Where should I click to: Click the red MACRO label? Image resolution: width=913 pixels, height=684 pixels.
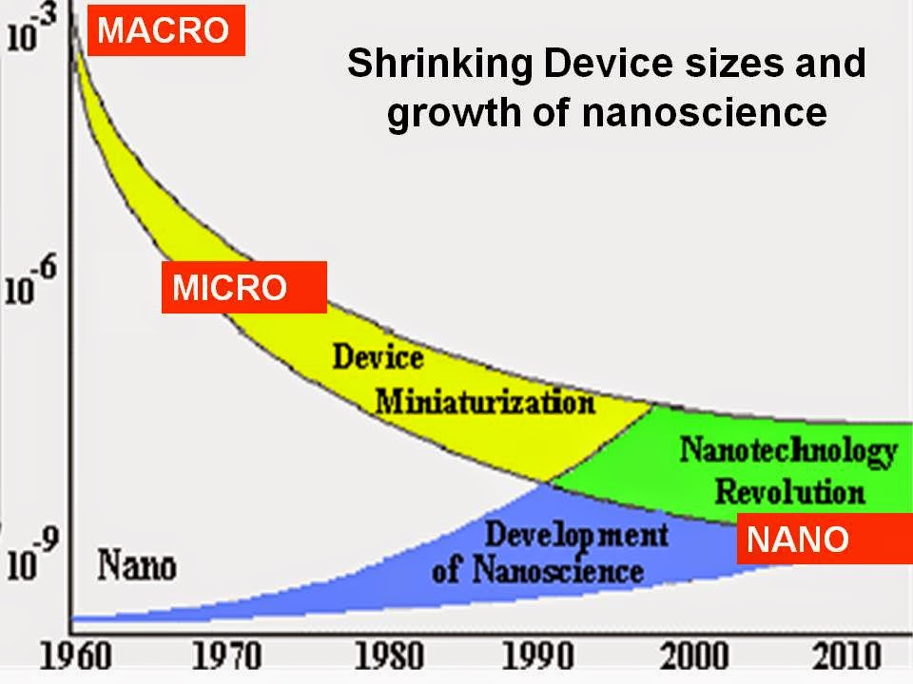(x=165, y=30)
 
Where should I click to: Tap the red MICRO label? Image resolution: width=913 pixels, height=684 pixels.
(x=229, y=287)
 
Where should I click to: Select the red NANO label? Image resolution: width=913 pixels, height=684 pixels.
(x=797, y=540)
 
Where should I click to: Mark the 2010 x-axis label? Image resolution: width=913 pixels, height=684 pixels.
(x=849, y=656)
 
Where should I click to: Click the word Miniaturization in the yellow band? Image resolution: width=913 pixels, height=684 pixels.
(x=484, y=402)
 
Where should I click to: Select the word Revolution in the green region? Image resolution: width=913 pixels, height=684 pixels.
(x=789, y=491)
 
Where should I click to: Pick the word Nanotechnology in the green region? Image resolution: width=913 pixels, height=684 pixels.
(x=787, y=449)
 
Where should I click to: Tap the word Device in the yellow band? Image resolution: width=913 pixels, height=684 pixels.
(x=378, y=358)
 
